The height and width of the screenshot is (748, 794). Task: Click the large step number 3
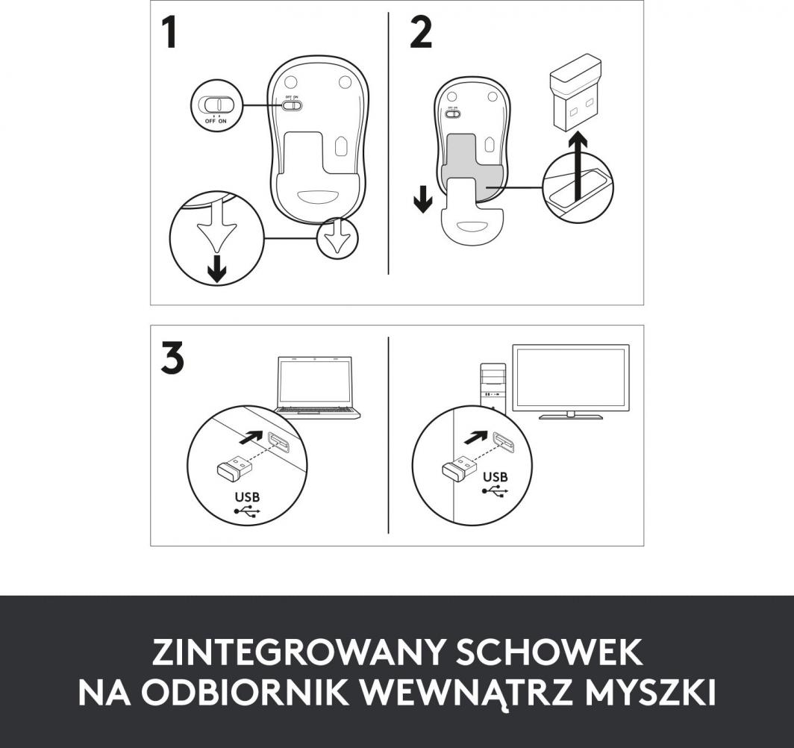(172, 358)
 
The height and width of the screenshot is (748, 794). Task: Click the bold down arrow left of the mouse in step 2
(422, 199)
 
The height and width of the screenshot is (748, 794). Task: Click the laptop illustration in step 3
(316, 384)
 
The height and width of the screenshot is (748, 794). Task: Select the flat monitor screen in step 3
(571, 377)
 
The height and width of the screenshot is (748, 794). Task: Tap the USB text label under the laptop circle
(248, 497)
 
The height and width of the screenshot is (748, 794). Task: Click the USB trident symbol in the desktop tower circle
(496, 491)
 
